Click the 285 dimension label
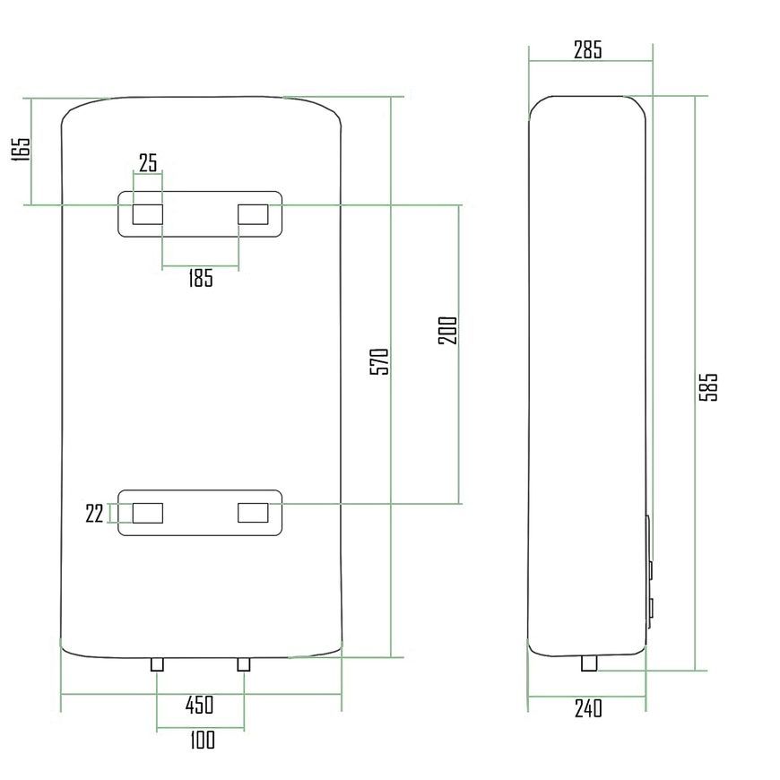pos(587,49)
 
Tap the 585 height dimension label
pos(708,387)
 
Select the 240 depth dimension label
pos(588,708)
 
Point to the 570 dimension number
pos(379,361)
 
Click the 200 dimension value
pos(447,330)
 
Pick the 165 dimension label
pos(21,148)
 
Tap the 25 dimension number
pos(148,162)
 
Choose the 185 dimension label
pos(201,278)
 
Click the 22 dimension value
pos(94,514)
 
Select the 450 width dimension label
pos(199,705)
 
